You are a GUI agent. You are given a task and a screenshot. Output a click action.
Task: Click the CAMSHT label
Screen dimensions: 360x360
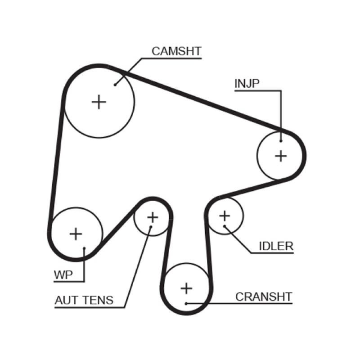[176, 51]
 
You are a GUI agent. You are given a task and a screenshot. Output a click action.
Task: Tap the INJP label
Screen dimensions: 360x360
[247, 83]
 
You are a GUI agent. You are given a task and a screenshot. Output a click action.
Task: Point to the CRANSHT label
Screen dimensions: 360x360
[264, 297]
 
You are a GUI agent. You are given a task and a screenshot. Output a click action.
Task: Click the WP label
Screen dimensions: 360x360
[63, 275]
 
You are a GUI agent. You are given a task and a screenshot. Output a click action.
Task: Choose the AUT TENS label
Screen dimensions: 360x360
[84, 300]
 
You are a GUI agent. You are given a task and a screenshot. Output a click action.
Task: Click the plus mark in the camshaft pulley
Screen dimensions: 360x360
[99, 102]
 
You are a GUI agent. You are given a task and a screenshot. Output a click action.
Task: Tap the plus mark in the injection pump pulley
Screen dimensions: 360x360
[281, 156]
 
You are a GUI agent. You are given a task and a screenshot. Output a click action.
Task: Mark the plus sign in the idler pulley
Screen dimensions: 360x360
[224, 216]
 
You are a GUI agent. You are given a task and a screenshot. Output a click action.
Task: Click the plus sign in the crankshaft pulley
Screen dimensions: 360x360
[186, 288]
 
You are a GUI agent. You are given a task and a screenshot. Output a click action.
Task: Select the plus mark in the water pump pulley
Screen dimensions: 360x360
[76, 234]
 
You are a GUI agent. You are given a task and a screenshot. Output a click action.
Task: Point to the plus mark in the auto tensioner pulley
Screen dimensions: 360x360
[153, 217]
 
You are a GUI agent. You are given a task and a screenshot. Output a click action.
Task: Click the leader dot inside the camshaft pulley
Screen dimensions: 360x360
[115, 84]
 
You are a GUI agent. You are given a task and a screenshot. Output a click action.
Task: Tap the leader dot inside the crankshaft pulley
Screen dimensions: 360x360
[186, 303]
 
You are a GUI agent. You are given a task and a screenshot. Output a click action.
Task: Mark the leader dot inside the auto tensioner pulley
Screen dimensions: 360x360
[151, 228]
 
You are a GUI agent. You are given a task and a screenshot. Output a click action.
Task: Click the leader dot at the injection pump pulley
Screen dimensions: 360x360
[281, 140]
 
